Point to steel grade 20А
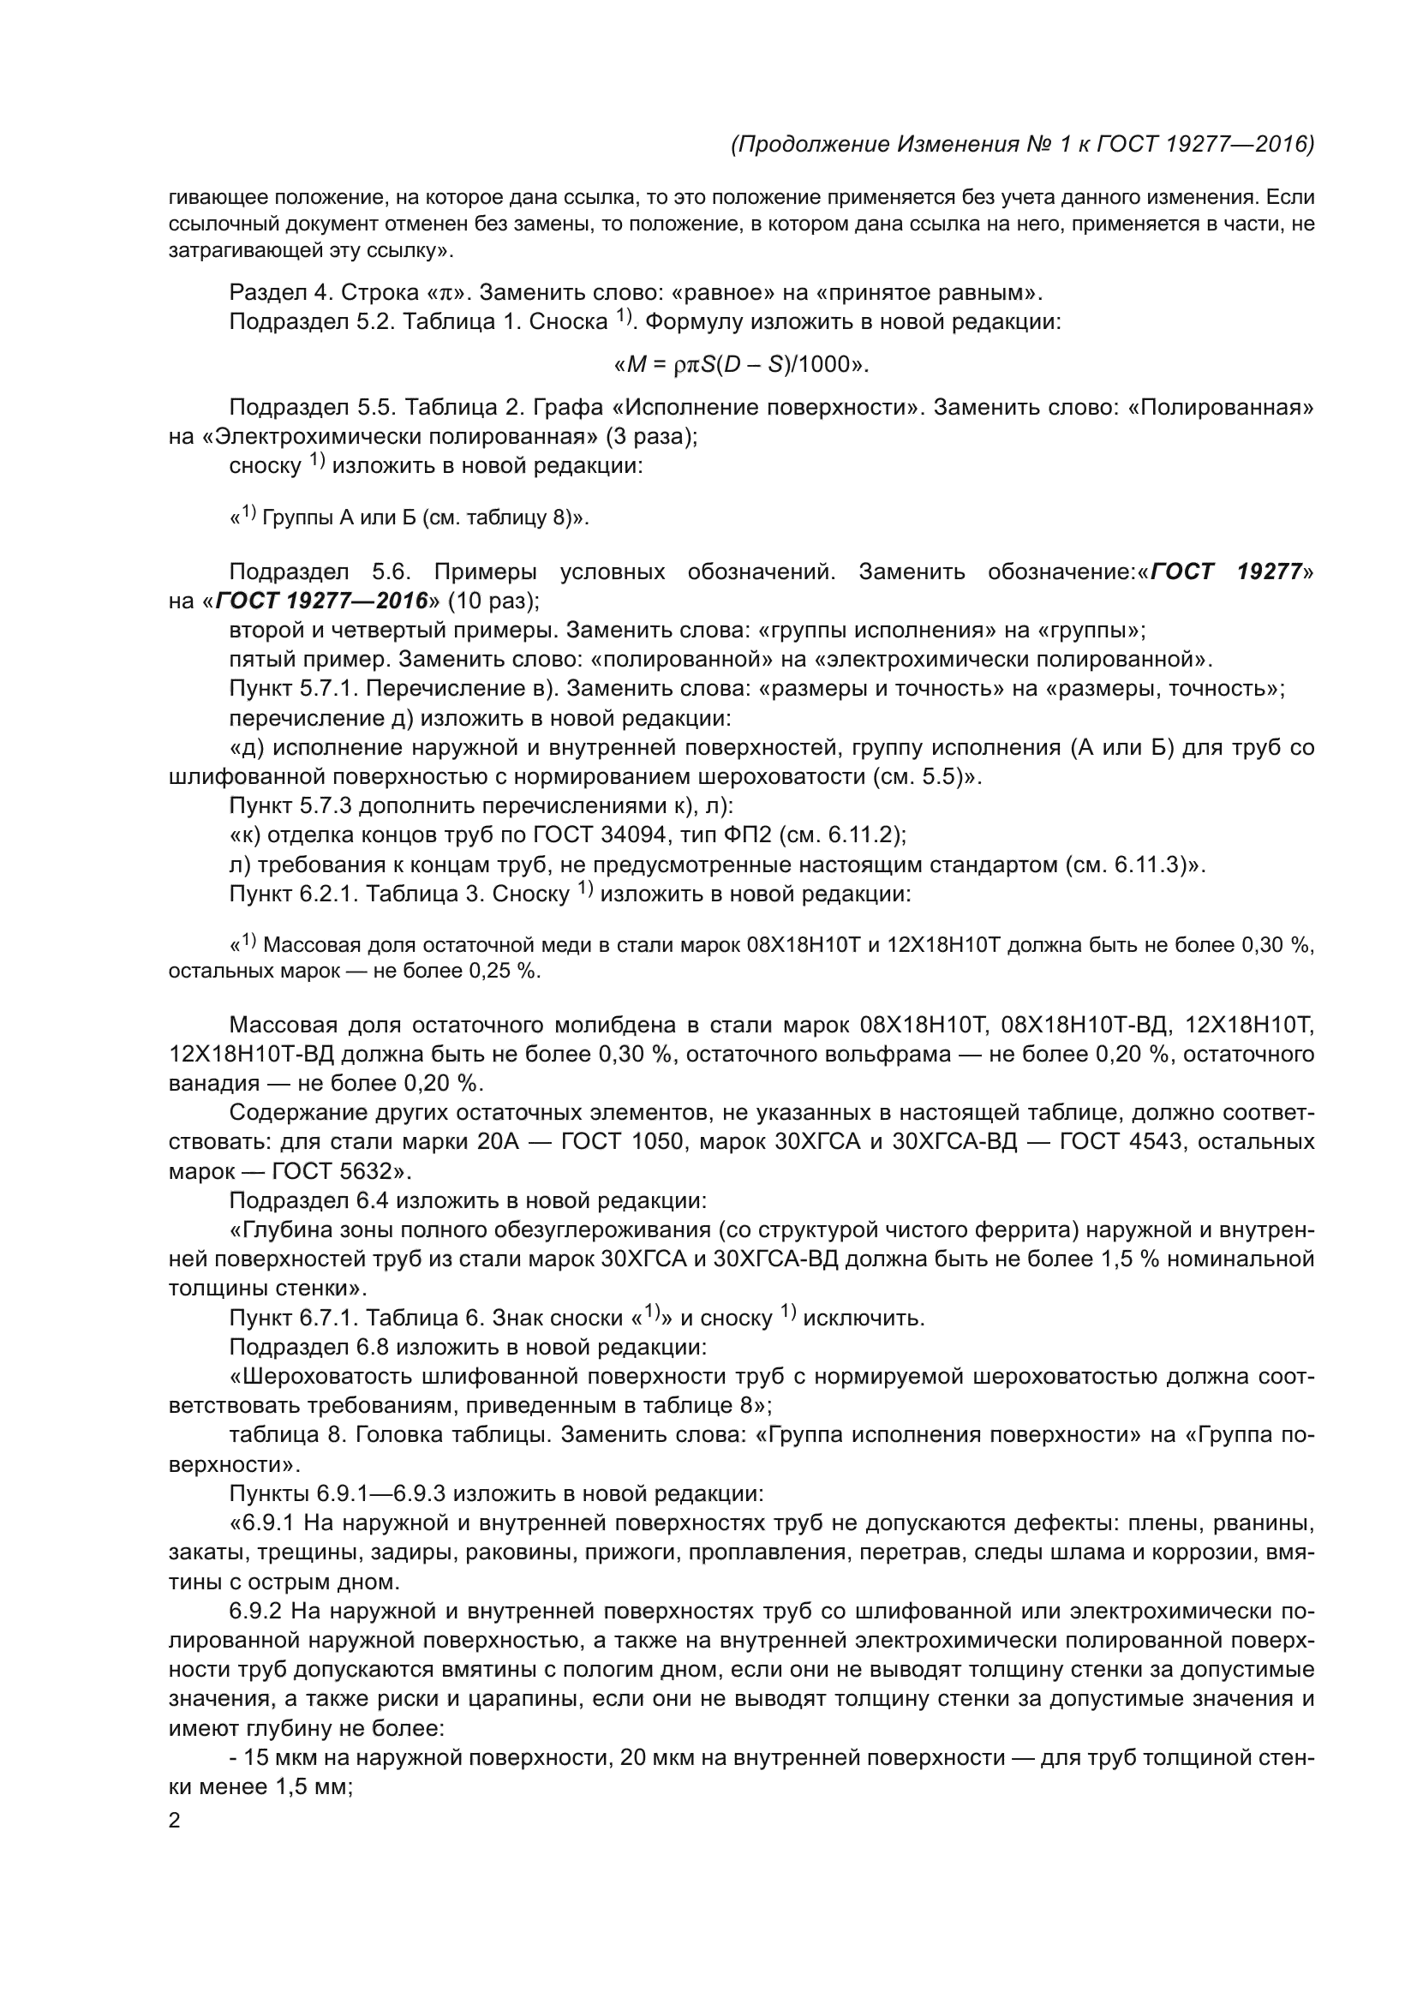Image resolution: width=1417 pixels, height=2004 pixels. click(500, 1141)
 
